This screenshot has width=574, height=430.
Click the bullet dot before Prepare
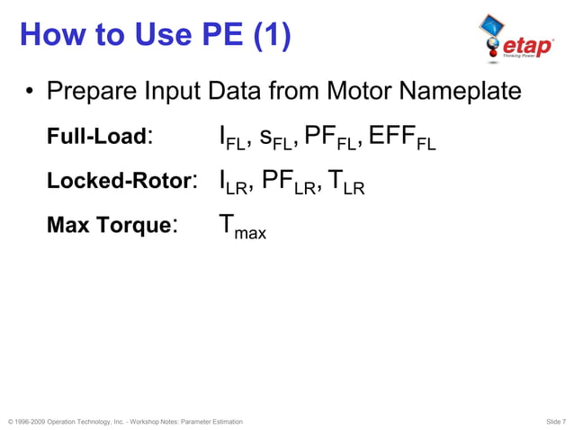point(30,94)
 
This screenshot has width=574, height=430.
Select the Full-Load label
point(96,137)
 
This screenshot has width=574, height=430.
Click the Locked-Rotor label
point(119,180)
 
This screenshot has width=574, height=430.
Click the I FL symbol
point(231,139)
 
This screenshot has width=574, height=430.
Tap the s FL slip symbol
point(274,139)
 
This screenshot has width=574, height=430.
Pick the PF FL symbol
point(330,139)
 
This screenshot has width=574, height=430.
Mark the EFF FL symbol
point(402,139)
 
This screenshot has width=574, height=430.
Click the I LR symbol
point(233,183)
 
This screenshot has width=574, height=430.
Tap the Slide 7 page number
point(555,421)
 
